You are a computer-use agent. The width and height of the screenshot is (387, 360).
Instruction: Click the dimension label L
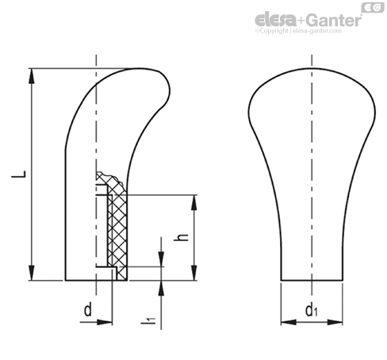19,174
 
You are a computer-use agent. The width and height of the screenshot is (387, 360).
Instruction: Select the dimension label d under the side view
88,310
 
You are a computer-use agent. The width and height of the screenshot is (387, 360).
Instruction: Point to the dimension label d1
311,310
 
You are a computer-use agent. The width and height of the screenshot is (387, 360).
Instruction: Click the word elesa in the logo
276,21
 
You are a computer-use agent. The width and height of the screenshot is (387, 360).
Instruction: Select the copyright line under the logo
298,31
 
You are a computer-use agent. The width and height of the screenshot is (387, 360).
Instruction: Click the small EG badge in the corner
373,7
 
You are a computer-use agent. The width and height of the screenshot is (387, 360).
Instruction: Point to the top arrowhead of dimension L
32,76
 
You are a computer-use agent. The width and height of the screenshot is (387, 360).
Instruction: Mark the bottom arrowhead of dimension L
32,272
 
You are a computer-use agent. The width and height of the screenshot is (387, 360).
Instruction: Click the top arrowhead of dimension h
194,203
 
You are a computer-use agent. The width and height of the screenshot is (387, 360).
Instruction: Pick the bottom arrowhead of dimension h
194,273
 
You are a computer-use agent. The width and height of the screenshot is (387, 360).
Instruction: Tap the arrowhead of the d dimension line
105,322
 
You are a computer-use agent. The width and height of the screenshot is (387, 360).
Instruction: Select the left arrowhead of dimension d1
289,322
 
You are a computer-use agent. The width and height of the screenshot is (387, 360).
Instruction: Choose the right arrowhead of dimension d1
335,322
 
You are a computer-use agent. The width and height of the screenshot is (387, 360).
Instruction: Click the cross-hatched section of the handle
118,228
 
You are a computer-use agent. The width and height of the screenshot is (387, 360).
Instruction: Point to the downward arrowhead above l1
161,259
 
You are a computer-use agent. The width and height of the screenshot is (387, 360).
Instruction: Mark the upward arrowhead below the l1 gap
161,288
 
